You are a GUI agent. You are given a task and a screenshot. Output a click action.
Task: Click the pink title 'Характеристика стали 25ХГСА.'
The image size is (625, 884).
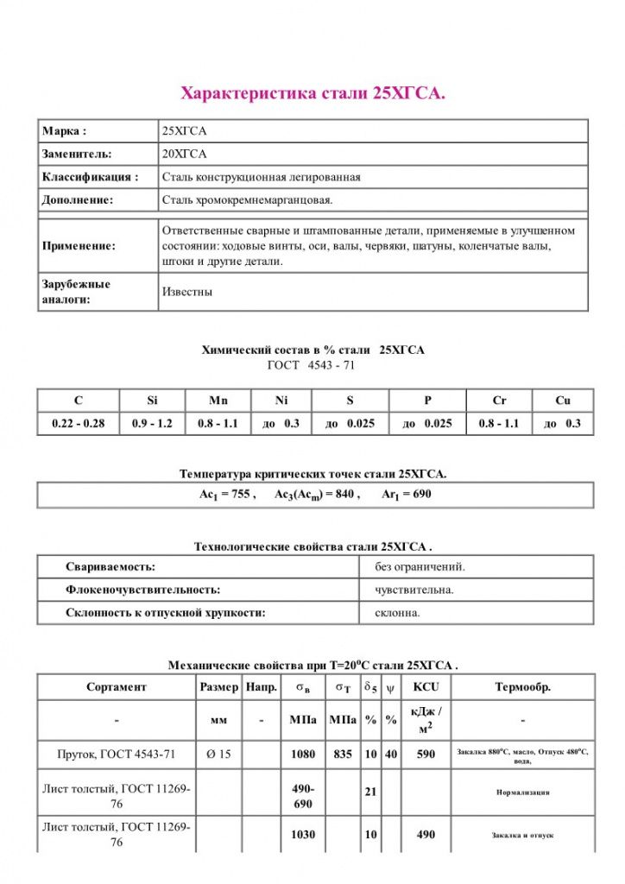click(x=312, y=93)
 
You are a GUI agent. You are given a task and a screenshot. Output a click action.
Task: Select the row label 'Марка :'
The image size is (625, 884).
click(x=65, y=131)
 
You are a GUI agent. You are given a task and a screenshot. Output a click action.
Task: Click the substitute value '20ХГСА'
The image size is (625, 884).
click(x=185, y=154)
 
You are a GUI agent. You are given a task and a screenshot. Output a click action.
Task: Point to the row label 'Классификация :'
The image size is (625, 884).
click(x=90, y=177)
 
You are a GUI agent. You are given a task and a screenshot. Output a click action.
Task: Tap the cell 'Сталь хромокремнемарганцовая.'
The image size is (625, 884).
click(x=247, y=199)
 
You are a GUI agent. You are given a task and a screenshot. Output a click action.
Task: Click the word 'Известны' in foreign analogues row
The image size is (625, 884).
click(x=187, y=292)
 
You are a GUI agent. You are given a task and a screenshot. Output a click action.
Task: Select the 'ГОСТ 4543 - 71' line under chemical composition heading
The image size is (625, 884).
click(x=312, y=365)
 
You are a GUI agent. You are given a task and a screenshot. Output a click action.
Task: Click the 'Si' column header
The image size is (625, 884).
click(x=152, y=401)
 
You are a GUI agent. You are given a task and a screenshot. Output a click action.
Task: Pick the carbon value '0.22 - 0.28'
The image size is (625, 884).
click(x=78, y=424)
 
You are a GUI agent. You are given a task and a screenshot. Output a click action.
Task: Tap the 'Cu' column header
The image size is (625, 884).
click(x=562, y=401)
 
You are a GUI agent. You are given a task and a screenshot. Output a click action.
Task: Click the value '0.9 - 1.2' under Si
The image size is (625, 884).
click(x=152, y=424)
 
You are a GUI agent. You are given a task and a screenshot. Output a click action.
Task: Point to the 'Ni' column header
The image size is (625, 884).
click(x=280, y=401)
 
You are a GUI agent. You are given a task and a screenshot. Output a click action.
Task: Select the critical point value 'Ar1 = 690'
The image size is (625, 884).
click(x=406, y=495)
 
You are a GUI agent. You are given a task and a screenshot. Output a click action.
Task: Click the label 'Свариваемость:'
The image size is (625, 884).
click(x=110, y=566)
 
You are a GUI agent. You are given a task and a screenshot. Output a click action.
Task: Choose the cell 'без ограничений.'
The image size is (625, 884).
click(x=420, y=566)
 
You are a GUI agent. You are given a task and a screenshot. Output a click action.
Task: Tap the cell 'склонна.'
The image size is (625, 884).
click(x=397, y=613)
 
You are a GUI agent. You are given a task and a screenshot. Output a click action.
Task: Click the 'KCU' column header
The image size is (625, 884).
click(x=426, y=687)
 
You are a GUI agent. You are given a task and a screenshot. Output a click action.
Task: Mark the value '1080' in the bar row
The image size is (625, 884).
click(x=303, y=754)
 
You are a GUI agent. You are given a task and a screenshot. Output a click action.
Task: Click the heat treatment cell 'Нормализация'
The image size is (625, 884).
click(x=522, y=792)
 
